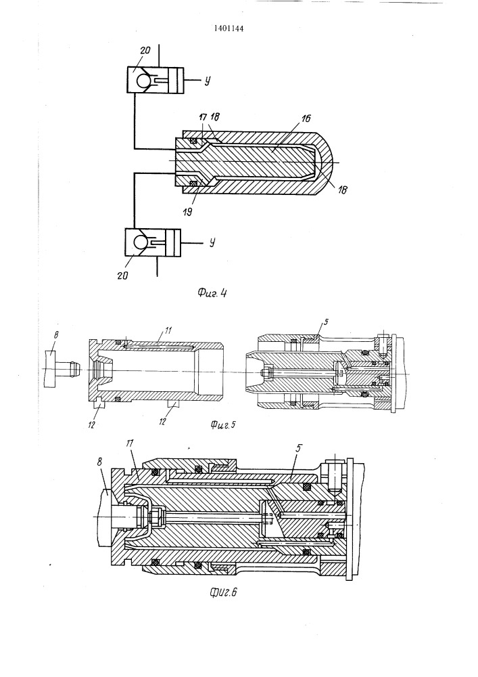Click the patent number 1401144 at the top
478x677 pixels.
click(229, 29)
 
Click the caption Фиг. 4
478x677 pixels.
click(212, 293)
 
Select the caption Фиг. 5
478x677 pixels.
click(223, 425)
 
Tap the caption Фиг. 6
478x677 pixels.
click(223, 592)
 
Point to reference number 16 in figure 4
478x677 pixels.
click(306, 118)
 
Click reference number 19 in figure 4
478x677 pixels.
click(187, 211)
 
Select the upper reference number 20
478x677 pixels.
click(145, 50)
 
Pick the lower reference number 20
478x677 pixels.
click(123, 275)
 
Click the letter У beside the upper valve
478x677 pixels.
click(208, 81)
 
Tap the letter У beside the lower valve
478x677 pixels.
click(212, 243)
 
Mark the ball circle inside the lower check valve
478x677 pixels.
click(141, 242)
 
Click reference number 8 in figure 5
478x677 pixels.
click(57, 334)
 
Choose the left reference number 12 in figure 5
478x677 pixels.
click(91, 424)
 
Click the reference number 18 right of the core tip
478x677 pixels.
click(342, 189)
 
